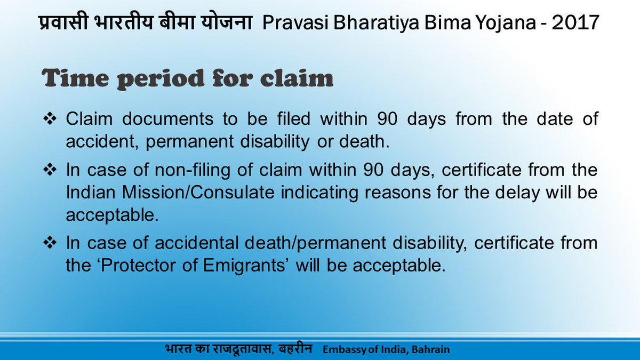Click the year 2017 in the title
(x=575, y=22)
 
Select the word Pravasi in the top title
(x=295, y=22)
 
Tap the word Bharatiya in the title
(x=376, y=23)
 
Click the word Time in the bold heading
(x=75, y=78)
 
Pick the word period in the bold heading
(x=161, y=80)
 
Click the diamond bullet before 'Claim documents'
(x=50, y=118)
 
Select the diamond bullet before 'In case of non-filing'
(x=50, y=170)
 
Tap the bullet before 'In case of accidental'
(x=50, y=243)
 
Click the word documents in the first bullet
(x=167, y=118)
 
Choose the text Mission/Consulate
(x=198, y=192)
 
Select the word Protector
(x=138, y=266)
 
